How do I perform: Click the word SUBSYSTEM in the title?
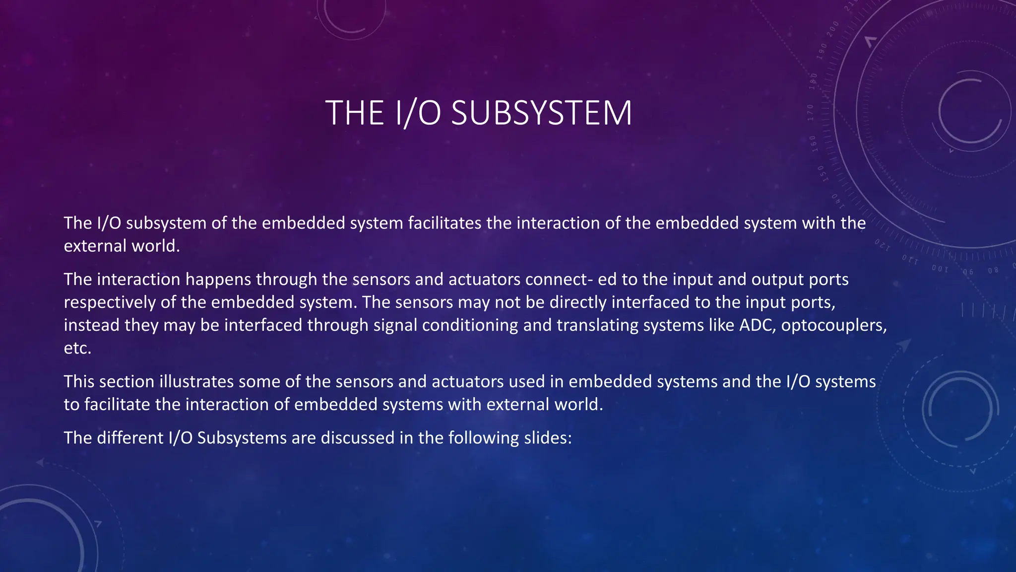pos(541,113)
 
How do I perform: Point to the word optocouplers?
pos(834,325)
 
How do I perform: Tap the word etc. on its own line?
pos(77,348)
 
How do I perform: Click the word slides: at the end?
pos(548,437)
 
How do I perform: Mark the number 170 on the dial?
pos(810,113)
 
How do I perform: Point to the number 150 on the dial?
pos(821,173)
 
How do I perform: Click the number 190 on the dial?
pos(823,51)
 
